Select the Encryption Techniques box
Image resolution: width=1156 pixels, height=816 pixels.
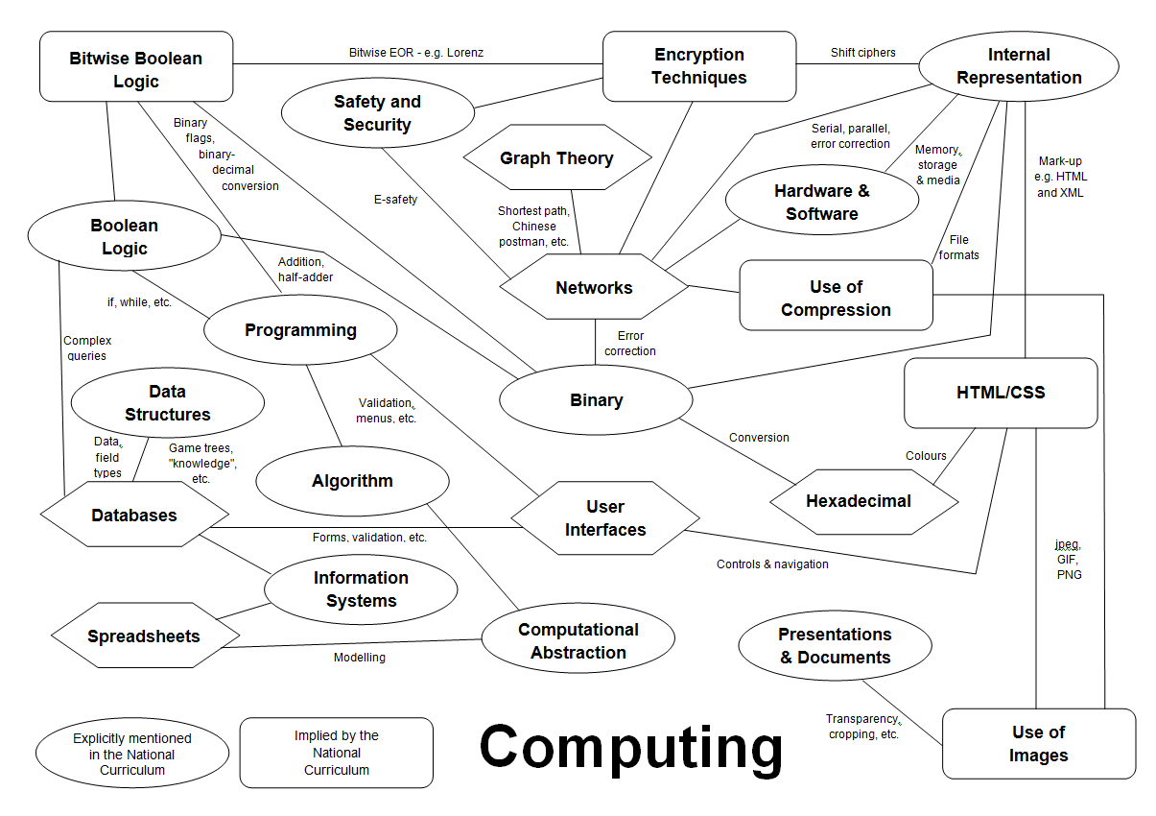tap(699, 66)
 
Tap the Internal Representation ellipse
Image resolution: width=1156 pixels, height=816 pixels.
tap(1019, 66)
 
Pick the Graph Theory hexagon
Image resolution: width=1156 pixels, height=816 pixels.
tap(556, 158)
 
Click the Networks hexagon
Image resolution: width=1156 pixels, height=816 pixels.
tap(594, 287)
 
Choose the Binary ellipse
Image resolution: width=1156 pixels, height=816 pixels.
tap(596, 400)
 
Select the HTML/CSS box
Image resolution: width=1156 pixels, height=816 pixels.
tap(1001, 393)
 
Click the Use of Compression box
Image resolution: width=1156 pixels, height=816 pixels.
tap(836, 298)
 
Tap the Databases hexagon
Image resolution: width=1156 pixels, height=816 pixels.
tap(134, 516)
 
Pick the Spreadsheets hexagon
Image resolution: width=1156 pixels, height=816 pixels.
tap(144, 636)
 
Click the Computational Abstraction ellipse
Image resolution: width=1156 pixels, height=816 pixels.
tap(578, 641)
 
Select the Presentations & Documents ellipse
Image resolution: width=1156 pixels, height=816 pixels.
tap(835, 646)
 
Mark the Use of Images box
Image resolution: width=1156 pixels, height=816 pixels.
tap(1038, 743)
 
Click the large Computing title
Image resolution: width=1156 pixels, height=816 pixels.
tap(631, 747)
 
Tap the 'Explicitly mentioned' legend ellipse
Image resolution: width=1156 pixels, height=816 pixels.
tap(132, 754)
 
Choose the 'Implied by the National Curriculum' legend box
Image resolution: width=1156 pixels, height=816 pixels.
tap(337, 753)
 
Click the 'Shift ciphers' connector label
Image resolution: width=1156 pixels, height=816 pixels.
tap(862, 53)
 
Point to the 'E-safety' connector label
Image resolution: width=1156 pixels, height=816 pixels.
tap(396, 200)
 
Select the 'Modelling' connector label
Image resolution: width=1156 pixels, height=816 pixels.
tap(360, 658)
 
